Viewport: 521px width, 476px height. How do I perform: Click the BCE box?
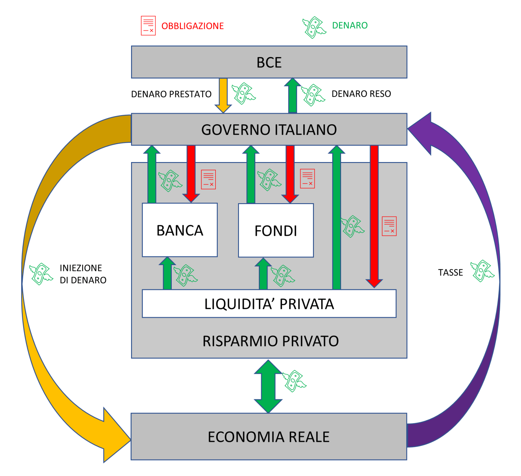(269, 62)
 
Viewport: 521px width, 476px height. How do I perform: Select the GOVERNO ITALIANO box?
(269, 129)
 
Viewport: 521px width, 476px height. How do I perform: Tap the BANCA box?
(180, 230)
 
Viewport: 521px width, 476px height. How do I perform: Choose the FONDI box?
(276, 230)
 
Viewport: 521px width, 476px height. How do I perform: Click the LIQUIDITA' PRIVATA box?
(269, 304)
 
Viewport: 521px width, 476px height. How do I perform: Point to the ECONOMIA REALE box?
(269, 437)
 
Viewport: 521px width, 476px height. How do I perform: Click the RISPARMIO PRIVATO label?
(271, 341)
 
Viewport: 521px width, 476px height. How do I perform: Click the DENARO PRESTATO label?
(171, 94)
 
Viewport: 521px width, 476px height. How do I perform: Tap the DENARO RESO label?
(361, 94)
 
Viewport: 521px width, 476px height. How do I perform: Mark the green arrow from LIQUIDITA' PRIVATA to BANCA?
(167, 274)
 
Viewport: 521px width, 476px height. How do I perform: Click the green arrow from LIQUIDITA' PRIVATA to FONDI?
(263, 274)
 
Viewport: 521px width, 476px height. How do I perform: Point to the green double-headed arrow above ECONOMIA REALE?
(268, 386)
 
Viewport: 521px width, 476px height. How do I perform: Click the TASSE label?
(451, 272)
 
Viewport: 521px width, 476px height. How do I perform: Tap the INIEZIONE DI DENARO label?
(83, 274)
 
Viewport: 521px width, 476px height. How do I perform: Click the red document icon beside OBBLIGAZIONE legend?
(148, 26)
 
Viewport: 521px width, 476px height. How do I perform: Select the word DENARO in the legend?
(350, 25)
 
